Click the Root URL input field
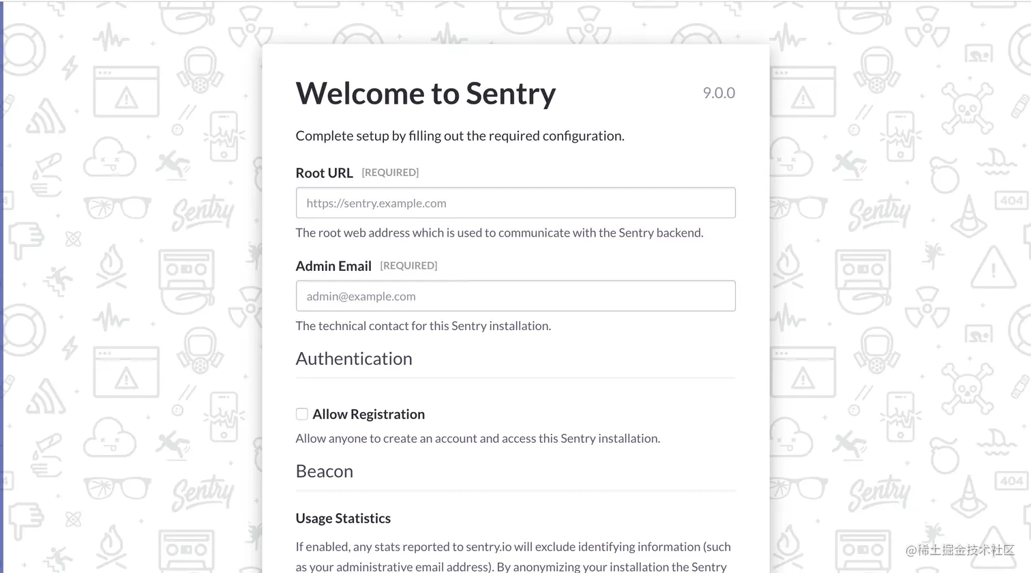pos(515,203)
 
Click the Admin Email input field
pos(515,296)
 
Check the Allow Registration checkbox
pos(302,414)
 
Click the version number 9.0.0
pos(719,93)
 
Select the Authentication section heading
pos(354,359)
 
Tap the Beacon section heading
pos(325,471)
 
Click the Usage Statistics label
pos(343,518)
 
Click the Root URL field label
pos(324,173)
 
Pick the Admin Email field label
pos(333,266)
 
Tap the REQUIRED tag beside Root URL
pos(390,173)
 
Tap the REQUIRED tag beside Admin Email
pos(408,265)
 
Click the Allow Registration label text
pos(368,414)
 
